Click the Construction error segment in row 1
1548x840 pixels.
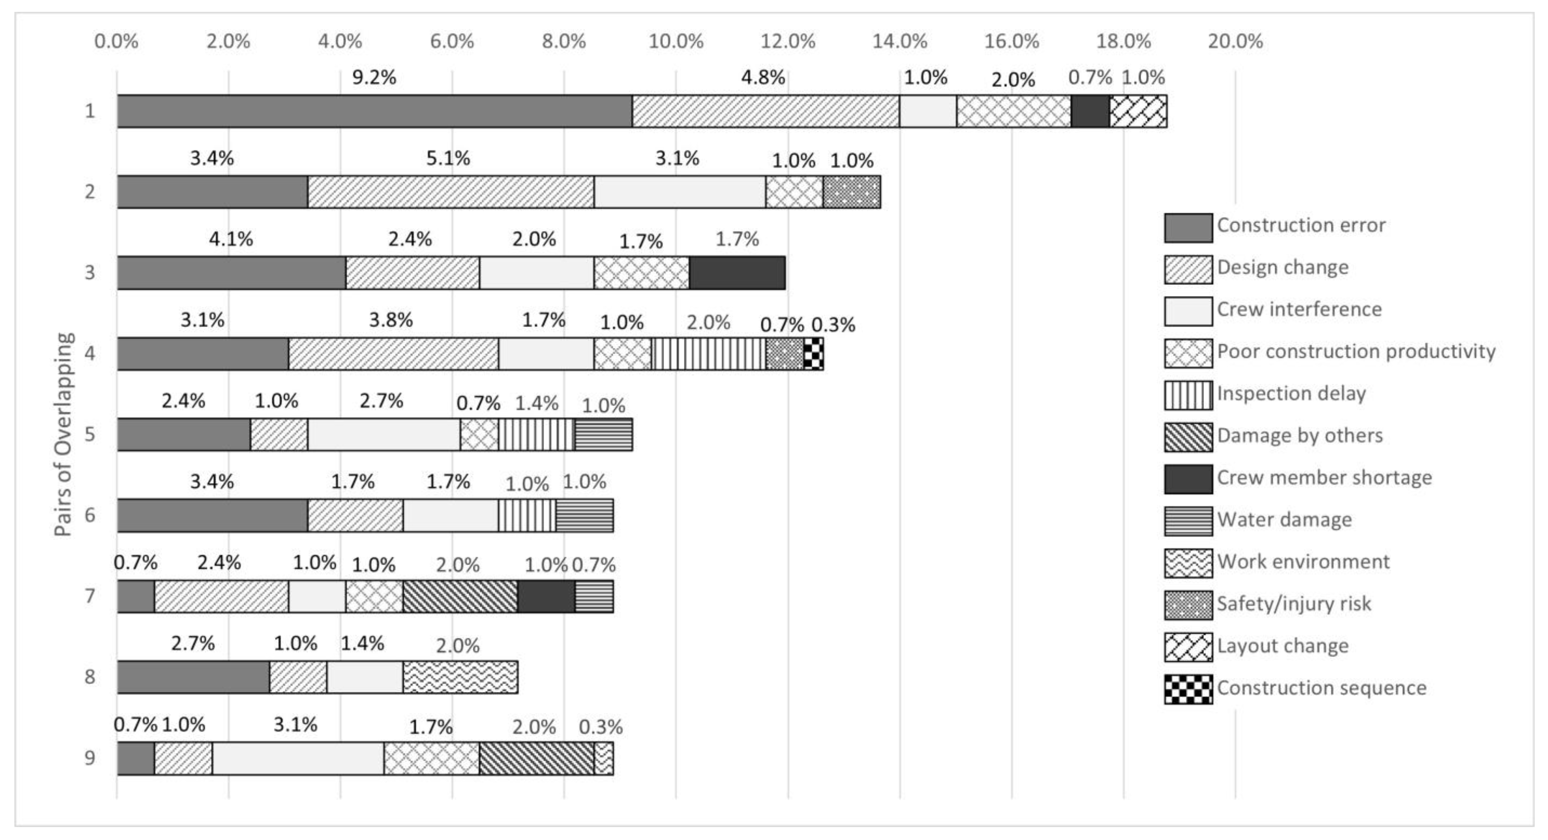pyautogui.click(x=374, y=111)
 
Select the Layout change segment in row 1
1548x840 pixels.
pyautogui.click(x=1138, y=111)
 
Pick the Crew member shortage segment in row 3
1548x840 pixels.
pyautogui.click(x=737, y=273)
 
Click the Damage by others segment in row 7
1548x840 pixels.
pyautogui.click(x=460, y=596)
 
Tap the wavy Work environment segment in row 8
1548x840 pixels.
pyautogui.click(x=460, y=677)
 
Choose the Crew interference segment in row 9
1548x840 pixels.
pyautogui.click(x=298, y=758)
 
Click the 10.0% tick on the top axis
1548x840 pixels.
pyautogui.click(x=676, y=41)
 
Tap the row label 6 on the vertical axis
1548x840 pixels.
pyautogui.click(x=89, y=515)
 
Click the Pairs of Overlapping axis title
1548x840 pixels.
pyautogui.click(x=64, y=434)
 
